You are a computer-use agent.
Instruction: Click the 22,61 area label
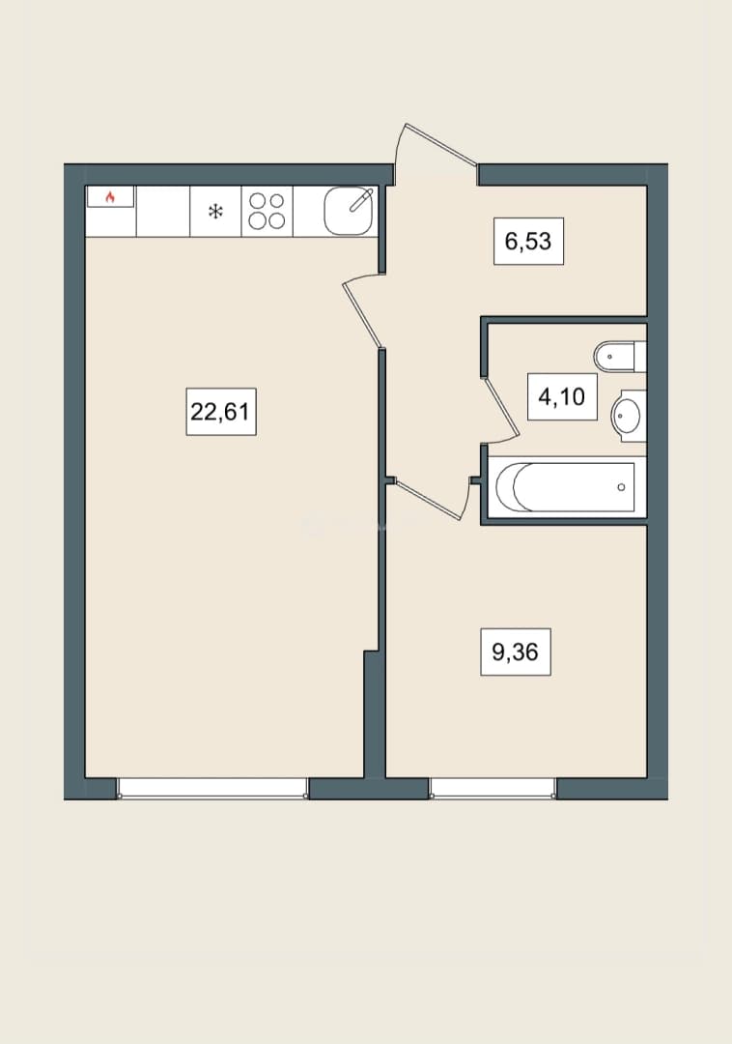click(x=221, y=412)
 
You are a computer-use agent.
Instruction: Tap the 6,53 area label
click(x=528, y=241)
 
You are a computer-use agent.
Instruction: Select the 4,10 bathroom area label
click(x=562, y=397)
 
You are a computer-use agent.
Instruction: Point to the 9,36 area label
click(x=516, y=652)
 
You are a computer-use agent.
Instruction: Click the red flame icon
click(x=110, y=196)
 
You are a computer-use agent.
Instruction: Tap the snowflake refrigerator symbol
click(x=215, y=212)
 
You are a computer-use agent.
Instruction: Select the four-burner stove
click(x=267, y=211)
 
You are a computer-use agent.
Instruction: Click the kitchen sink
click(x=349, y=211)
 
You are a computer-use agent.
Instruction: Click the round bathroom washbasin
click(x=628, y=416)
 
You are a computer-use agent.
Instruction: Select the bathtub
click(x=565, y=486)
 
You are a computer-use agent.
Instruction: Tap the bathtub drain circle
click(x=621, y=487)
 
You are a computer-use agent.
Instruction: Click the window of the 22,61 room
click(x=212, y=789)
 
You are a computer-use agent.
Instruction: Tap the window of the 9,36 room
click(x=493, y=789)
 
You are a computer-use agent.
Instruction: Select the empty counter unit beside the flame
click(x=163, y=211)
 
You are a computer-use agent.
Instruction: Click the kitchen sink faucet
click(x=361, y=200)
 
